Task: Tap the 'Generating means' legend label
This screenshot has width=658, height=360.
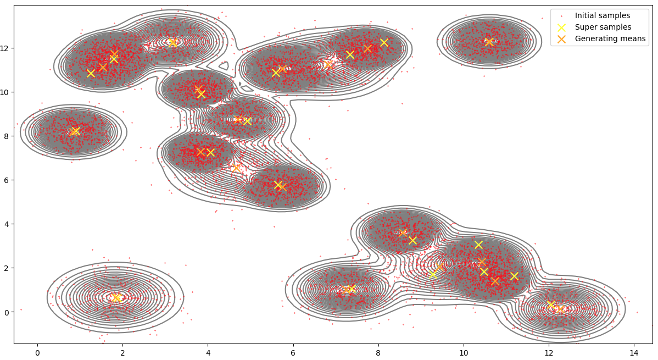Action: pos(610,38)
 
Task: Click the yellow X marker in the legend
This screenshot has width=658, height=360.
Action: pos(561,27)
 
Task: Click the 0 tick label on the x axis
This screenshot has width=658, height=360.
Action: pos(37,352)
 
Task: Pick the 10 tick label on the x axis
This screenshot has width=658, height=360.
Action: pos(463,352)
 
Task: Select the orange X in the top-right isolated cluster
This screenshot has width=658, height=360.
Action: pos(489,42)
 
